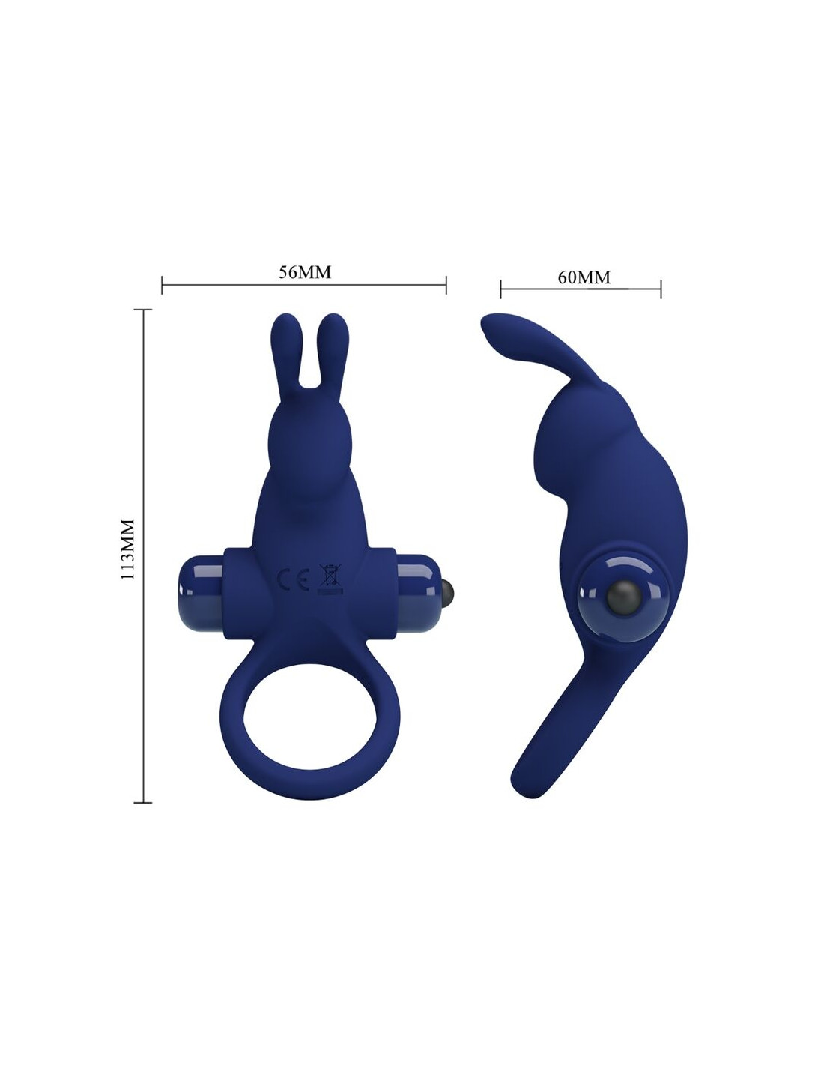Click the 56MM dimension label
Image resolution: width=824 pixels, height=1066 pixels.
click(x=305, y=272)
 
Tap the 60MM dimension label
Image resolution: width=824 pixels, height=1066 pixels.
click(x=584, y=277)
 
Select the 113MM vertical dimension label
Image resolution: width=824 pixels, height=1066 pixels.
click(x=127, y=549)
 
